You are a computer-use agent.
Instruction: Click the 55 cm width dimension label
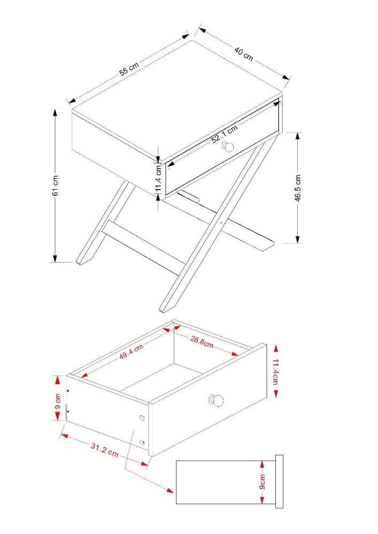tap(129, 69)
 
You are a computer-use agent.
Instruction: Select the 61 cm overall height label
tap(56, 185)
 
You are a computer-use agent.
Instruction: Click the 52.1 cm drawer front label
tap(224, 133)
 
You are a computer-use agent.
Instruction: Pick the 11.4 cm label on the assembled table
tap(159, 179)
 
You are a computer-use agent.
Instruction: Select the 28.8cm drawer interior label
tap(202, 342)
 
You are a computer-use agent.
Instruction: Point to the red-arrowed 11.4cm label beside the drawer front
tap(275, 371)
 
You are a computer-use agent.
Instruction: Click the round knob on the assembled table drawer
tap(228, 147)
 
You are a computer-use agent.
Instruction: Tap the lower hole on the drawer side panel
tap(142, 442)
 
